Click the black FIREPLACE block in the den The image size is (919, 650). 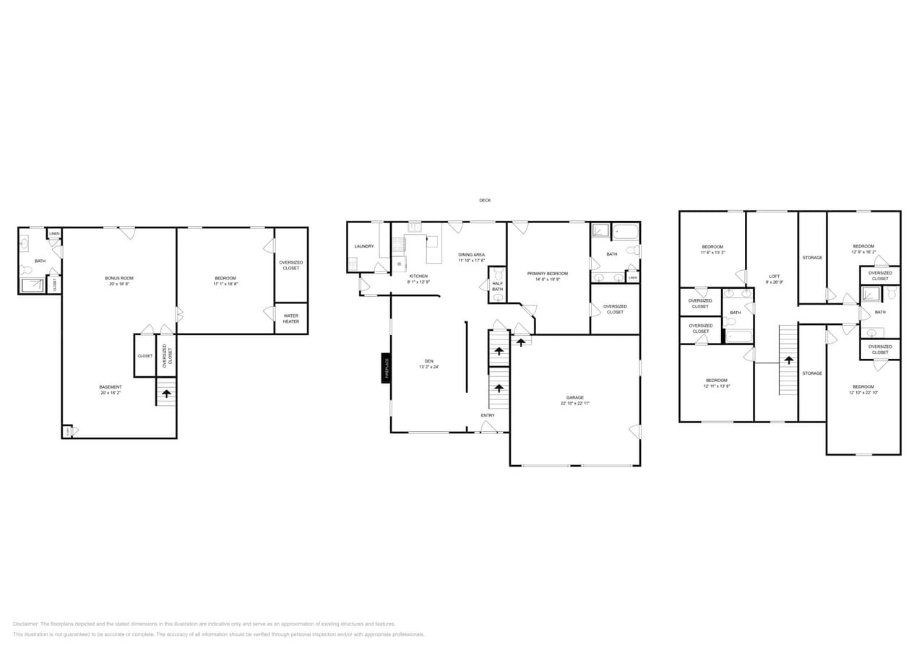pyautogui.click(x=387, y=368)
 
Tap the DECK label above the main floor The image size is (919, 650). pyautogui.click(x=485, y=200)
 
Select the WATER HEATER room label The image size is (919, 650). pyautogui.click(x=290, y=318)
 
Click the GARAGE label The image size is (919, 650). pyautogui.click(x=575, y=397)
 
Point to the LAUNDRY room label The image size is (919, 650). pyautogui.click(x=364, y=246)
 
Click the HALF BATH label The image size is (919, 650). pyautogui.click(x=497, y=286)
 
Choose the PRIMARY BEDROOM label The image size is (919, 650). pyautogui.click(x=548, y=274)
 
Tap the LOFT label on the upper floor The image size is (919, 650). pyautogui.click(x=775, y=277)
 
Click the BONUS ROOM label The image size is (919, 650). pyautogui.click(x=119, y=278)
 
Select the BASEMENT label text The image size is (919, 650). pyautogui.click(x=111, y=387)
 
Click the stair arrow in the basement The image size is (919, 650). pyautogui.click(x=167, y=394)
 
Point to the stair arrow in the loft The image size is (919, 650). pyautogui.click(x=788, y=359)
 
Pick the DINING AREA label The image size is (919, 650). pyautogui.click(x=471, y=255)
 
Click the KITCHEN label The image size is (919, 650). pyautogui.click(x=419, y=276)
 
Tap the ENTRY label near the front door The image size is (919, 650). pyautogui.click(x=488, y=415)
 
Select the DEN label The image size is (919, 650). pyautogui.click(x=429, y=361)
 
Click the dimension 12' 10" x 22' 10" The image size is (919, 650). pyautogui.click(x=863, y=392)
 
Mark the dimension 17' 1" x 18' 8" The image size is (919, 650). pyautogui.click(x=225, y=284)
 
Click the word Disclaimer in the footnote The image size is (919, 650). pyautogui.click(x=25, y=624)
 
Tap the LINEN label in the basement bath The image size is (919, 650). pyautogui.click(x=54, y=234)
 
